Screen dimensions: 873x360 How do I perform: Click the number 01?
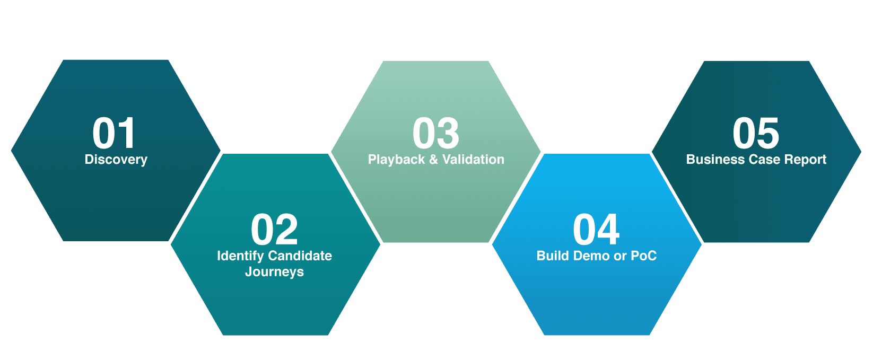[x=114, y=133]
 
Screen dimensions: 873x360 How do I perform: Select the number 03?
[x=436, y=133]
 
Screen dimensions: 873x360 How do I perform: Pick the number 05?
[x=756, y=133]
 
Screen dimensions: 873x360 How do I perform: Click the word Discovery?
[x=116, y=160]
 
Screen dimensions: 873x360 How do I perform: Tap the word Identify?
[x=240, y=257]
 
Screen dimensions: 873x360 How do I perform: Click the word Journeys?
[x=274, y=272]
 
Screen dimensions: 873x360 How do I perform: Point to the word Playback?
[x=396, y=160]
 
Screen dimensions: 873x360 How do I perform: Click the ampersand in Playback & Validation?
[x=433, y=160]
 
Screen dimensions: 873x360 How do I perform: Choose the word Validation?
[x=473, y=160]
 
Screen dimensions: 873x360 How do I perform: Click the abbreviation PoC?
[x=643, y=256]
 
